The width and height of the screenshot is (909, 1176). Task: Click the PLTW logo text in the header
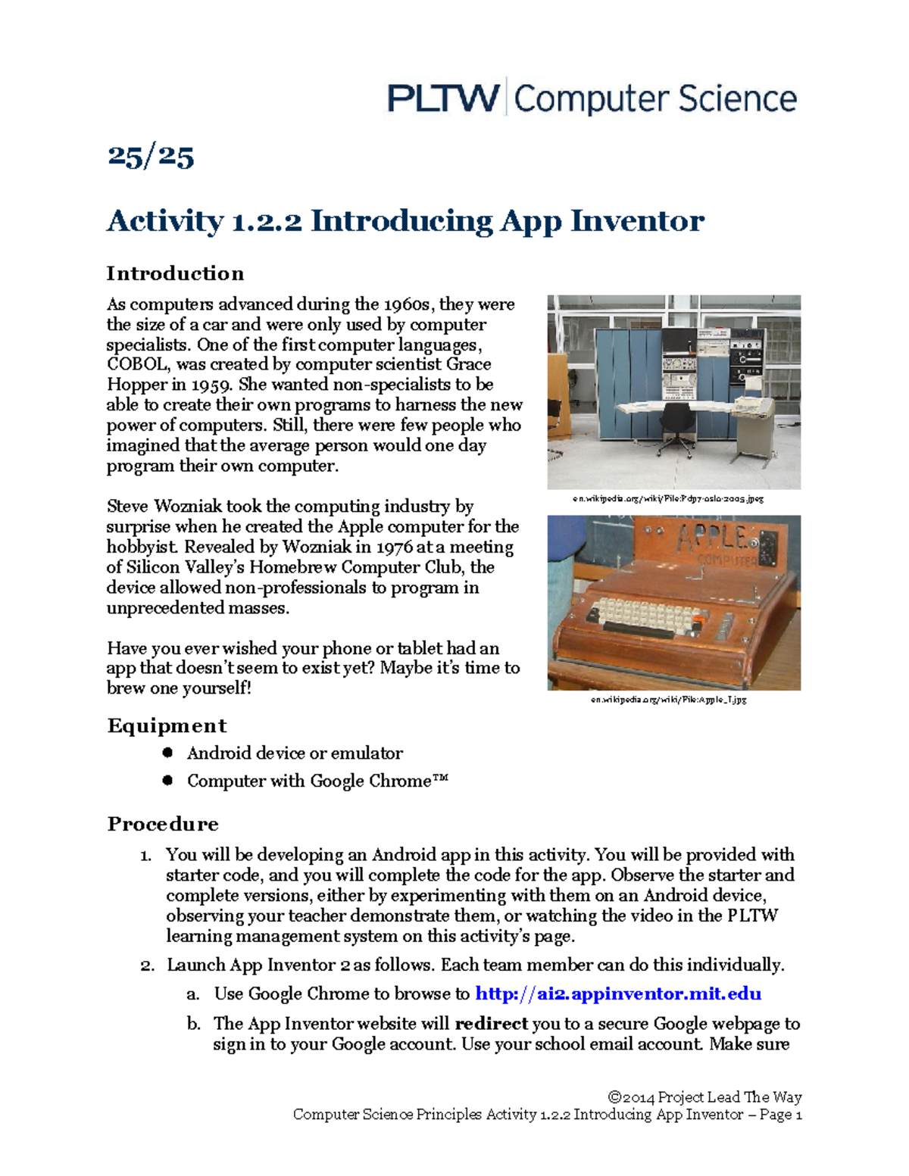point(443,99)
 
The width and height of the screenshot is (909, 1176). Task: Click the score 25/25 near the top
point(151,157)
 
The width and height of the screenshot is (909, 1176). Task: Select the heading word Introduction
point(175,273)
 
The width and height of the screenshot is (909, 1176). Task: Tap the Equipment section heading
point(167,725)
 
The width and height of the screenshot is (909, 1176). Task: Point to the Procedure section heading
point(163,824)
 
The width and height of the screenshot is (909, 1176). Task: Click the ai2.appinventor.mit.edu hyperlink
point(617,994)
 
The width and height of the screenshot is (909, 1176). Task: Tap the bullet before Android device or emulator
point(167,753)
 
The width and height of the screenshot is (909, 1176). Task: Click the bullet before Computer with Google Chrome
point(167,780)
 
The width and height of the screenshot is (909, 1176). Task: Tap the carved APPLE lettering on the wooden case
point(712,538)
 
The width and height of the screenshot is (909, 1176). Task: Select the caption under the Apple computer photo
point(669,700)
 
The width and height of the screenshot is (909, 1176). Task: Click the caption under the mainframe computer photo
point(667,499)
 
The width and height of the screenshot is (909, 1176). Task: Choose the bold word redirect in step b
point(491,1024)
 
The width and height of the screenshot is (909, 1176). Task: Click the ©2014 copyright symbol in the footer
point(614,1097)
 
